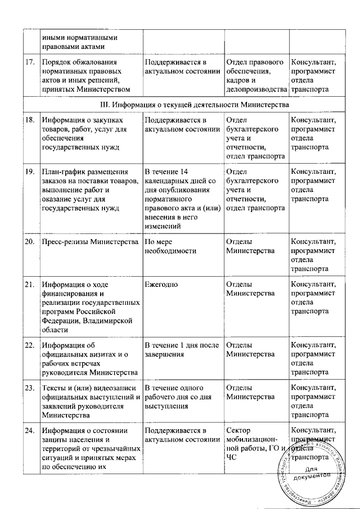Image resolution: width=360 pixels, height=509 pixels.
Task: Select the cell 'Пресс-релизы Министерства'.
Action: coord(90,242)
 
